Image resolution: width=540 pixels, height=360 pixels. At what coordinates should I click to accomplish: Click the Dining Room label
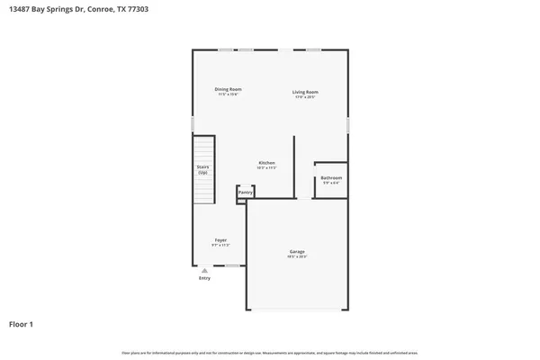point(228,89)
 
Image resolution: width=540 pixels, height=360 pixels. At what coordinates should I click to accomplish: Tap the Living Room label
point(305,92)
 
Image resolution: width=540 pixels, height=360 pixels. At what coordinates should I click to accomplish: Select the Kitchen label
point(266,163)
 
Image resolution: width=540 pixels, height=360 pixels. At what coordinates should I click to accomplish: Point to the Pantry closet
point(245,193)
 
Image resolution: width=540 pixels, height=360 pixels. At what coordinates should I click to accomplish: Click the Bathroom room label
point(330,178)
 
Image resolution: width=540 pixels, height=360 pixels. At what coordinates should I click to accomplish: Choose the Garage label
point(297,251)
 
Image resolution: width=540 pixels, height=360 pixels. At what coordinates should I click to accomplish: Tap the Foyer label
point(220,240)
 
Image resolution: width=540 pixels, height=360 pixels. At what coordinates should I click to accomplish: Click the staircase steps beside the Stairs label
point(208,170)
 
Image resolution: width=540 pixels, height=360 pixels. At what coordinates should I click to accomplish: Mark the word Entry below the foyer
point(204,278)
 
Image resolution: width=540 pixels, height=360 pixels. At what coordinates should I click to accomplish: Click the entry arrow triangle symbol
point(204,269)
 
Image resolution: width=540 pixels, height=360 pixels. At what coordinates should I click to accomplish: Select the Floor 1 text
point(22,322)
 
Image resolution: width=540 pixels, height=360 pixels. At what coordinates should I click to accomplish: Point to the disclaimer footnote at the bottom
point(270,351)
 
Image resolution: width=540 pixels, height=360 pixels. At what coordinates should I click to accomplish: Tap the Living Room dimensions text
point(305,96)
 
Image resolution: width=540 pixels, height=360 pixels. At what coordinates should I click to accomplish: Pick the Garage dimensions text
point(297,256)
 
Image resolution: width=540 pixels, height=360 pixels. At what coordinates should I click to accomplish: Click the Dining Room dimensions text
point(228,94)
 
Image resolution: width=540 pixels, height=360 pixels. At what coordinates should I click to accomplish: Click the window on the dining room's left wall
point(192,122)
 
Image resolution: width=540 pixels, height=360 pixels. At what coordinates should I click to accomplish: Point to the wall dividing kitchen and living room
point(294,166)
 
